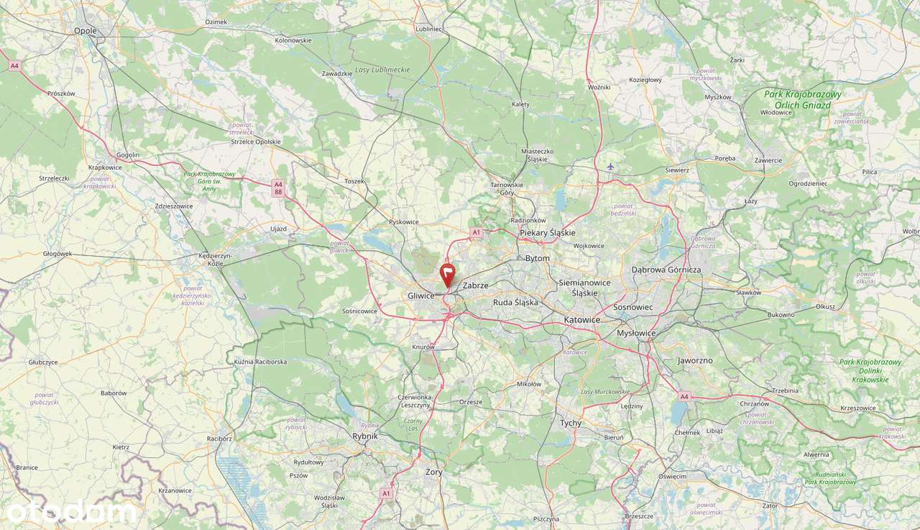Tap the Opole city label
86,31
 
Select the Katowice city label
582,319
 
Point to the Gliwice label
421,296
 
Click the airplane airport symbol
610,167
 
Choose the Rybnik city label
365,435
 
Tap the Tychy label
571,423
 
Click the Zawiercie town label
768,160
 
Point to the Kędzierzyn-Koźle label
214,260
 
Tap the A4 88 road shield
278,188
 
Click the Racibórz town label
220,438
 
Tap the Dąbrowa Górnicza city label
666,270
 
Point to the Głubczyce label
43,362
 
